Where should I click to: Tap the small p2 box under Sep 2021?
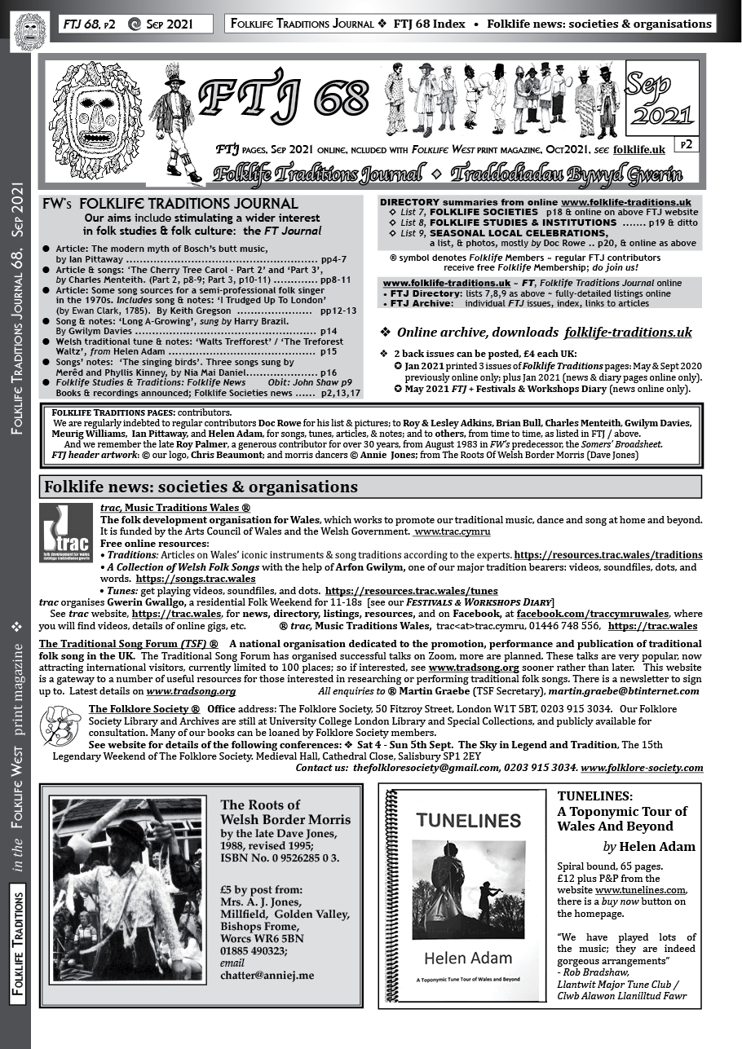coord(683,144)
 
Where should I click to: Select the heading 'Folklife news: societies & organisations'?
coord(201,487)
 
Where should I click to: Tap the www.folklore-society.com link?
coord(642,768)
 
